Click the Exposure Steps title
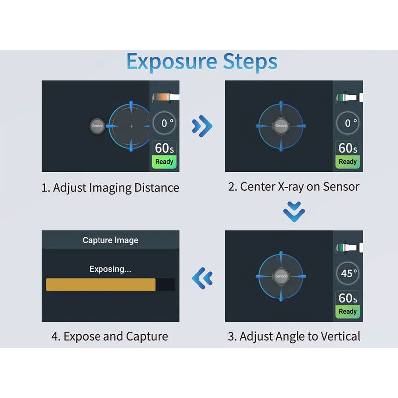[202, 62]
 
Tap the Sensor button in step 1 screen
[97, 126]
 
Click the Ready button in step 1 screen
[164, 161]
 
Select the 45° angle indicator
[347, 273]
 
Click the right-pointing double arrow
[202, 126]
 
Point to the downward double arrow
[294, 212]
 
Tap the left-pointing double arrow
[202, 278]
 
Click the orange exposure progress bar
[100, 284]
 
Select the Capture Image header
[110, 240]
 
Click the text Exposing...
[110, 269]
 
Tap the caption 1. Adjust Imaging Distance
[110, 188]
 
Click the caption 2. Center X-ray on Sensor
[294, 187]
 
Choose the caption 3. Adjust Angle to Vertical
[294, 337]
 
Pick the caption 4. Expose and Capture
[109, 337]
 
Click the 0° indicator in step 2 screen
[347, 123]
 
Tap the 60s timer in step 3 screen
[347, 298]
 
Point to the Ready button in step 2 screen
[347, 161]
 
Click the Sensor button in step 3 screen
[281, 276]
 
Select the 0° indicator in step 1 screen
[164, 123]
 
